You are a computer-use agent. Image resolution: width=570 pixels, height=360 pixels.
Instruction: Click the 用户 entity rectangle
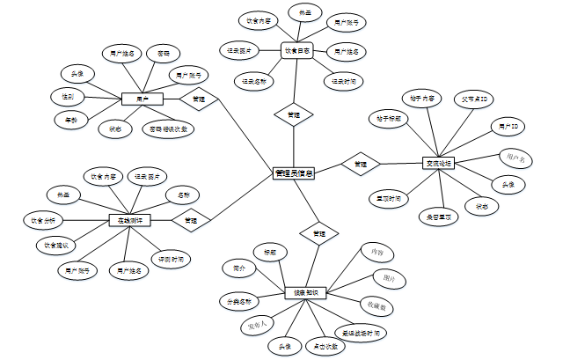click(142, 99)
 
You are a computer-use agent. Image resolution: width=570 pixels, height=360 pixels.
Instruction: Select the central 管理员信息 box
click(294, 173)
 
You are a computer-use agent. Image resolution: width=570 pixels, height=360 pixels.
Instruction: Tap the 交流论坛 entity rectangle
click(438, 163)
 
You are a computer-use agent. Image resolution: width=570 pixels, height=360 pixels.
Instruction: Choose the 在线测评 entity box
click(130, 219)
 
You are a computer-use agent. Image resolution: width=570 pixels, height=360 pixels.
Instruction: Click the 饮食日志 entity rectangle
click(296, 52)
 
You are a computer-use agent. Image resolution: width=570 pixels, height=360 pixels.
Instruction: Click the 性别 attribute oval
click(68, 95)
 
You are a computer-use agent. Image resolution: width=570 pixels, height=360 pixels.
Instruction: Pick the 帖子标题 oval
click(388, 118)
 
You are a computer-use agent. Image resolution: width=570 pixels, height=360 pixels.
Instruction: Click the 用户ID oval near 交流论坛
click(507, 128)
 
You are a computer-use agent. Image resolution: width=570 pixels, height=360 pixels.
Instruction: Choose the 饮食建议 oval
click(55, 244)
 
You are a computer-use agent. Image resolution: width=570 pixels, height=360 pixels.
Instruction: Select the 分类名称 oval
click(239, 301)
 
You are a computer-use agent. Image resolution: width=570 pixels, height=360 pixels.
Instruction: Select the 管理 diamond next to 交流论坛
click(361, 164)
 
